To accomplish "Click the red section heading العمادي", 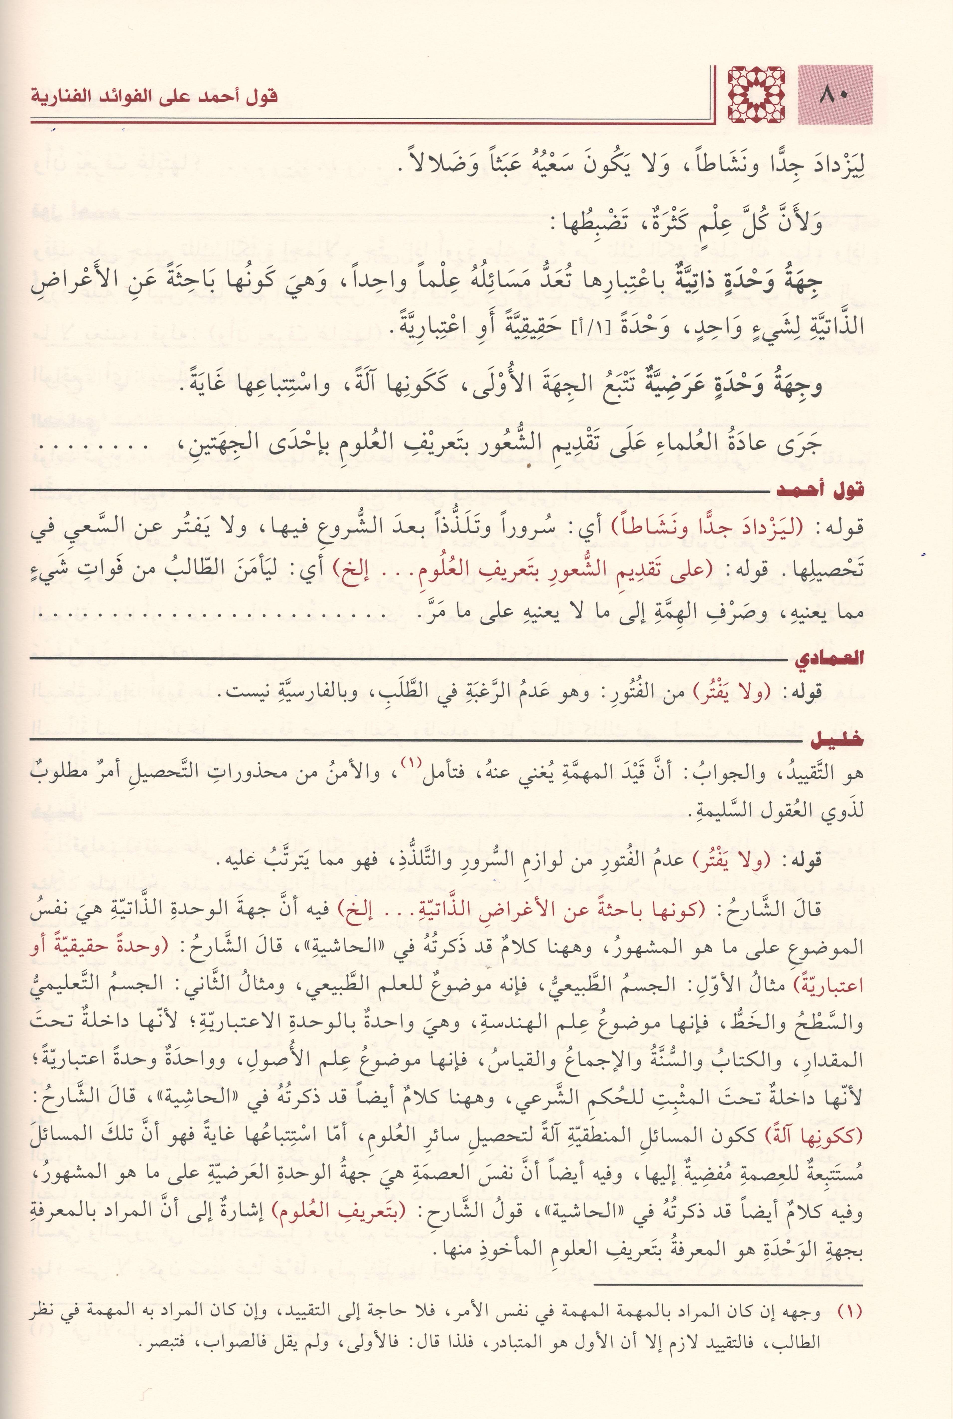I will (x=828, y=658).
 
